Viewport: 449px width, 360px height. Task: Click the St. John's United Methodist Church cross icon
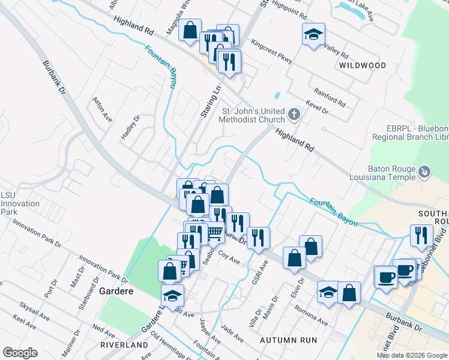[294, 114]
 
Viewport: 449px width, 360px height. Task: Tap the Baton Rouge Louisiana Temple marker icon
[425, 172]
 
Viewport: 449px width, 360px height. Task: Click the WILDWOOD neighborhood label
[362, 65]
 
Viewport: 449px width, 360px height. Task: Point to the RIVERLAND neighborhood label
[124, 346]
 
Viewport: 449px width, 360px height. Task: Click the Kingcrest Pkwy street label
[272, 52]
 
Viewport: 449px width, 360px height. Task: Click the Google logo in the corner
[20, 353]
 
